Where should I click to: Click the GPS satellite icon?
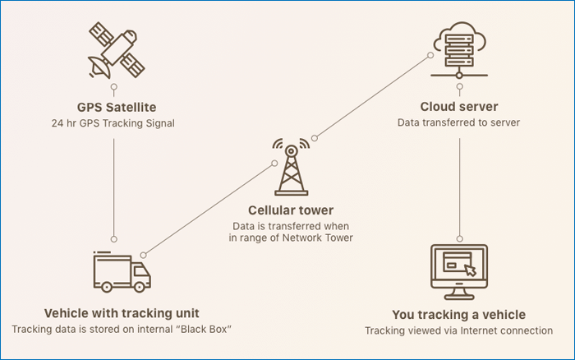tap(113, 50)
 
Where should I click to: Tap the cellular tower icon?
tap(292, 168)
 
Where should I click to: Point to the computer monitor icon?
tap(459, 272)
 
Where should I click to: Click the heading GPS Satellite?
tap(113, 107)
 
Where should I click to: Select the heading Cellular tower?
tap(291, 211)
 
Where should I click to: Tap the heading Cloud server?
tap(459, 107)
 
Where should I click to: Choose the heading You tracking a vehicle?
tap(459, 314)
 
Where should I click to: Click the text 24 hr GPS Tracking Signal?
tap(113, 123)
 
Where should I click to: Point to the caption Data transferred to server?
tap(459, 123)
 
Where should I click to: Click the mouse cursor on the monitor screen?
tap(471, 269)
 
